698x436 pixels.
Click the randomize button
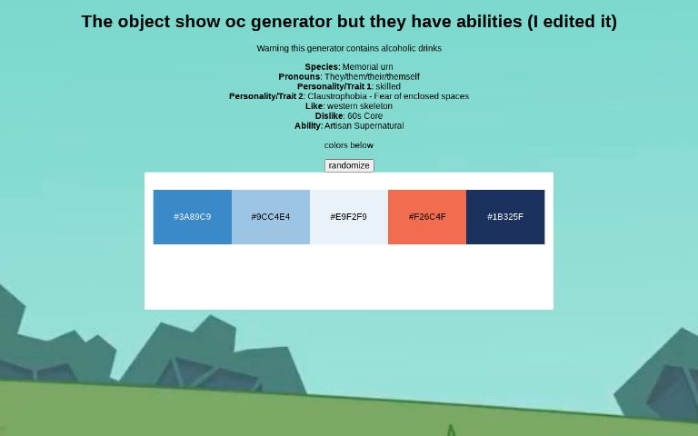click(x=349, y=165)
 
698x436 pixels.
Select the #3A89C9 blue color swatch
click(x=193, y=217)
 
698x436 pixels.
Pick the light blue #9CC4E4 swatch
click(x=271, y=217)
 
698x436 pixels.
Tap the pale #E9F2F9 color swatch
click(x=349, y=217)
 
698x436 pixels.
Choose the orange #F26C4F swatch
click(x=427, y=217)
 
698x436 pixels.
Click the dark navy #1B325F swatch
click(x=505, y=217)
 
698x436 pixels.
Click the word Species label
click(x=322, y=66)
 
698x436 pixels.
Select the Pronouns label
click(x=299, y=76)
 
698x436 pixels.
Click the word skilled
click(x=388, y=86)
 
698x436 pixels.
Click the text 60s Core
click(x=364, y=116)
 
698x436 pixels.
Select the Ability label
click(x=308, y=126)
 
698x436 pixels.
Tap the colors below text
click(x=349, y=145)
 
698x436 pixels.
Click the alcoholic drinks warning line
click(x=349, y=48)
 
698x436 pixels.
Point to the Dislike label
click(x=329, y=116)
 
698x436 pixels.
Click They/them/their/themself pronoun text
click(x=372, y=76)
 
